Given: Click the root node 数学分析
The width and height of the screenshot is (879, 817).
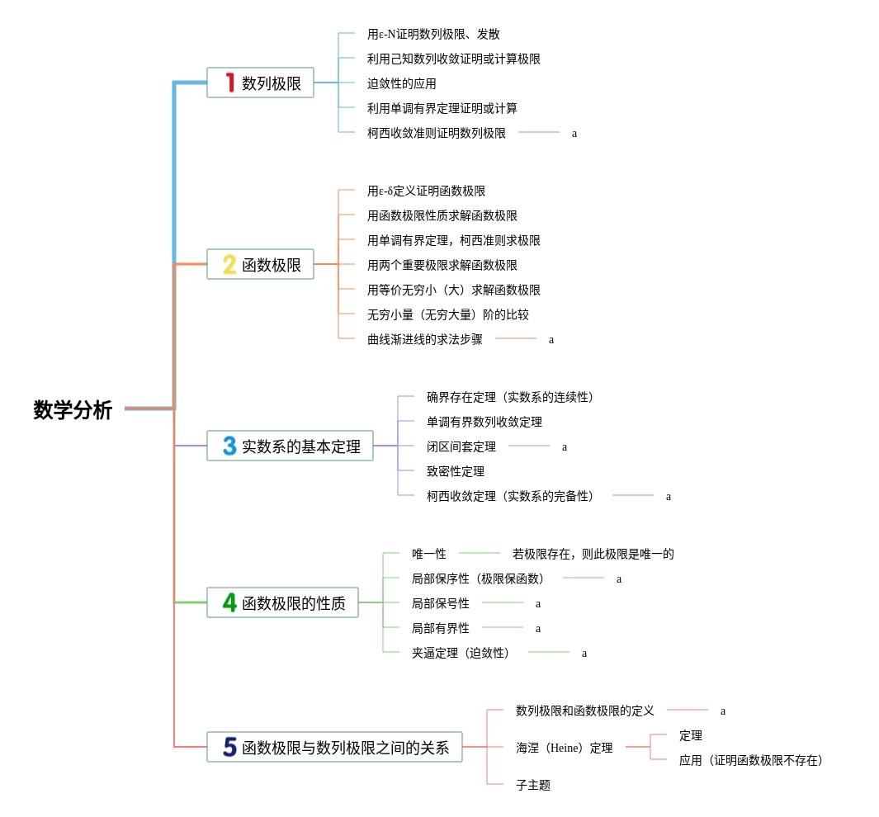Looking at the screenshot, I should pos(73,409).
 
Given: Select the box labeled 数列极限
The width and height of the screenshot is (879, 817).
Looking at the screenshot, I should pos(260,83).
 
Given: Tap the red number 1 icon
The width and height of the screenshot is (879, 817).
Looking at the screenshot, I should pos(230,83).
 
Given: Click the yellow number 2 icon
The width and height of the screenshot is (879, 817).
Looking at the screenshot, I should pos(229,264).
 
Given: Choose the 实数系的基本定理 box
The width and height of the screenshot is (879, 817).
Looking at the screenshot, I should pos(290,446).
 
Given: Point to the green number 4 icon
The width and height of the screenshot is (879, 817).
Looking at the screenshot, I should pos(229,602).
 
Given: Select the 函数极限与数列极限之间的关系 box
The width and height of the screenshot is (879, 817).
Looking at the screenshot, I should pos(334,747).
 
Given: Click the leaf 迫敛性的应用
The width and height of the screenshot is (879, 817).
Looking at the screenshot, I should pos(402,83).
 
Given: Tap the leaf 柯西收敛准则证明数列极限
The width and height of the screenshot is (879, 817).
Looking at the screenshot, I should pos(437,133).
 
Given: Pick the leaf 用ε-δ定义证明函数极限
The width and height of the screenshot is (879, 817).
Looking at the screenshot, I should pos(427,191).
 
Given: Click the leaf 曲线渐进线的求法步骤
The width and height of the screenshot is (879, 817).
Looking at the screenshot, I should pos(425,339).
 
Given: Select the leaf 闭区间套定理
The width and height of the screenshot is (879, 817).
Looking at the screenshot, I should pos(461,446).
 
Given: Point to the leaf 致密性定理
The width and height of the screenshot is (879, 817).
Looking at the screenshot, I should pos(456,471).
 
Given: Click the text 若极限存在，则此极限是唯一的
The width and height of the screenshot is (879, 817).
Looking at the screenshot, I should pos(593,554).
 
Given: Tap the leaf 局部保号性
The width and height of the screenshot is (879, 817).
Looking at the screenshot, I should pos(441,603).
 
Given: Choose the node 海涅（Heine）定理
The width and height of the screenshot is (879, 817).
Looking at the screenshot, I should pos(565,748).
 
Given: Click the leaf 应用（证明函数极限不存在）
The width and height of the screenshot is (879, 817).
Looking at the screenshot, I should pos(751,760).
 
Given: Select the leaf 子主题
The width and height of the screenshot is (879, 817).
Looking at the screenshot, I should pos(533,785).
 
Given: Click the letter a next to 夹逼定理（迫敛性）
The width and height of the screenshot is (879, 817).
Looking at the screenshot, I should pos(584,653).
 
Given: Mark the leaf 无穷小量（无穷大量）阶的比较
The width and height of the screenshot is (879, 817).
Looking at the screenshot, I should pos(448,314).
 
